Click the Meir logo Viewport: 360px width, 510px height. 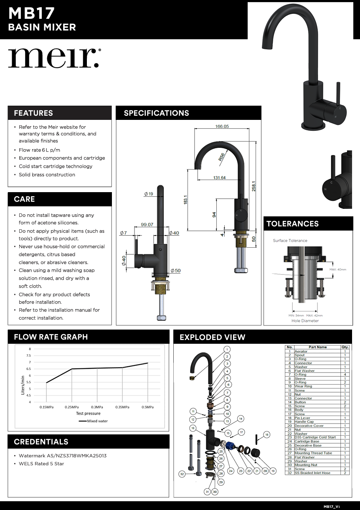pos(54,58)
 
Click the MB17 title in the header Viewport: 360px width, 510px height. pos(31,13)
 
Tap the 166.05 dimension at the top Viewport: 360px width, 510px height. pos(222,126)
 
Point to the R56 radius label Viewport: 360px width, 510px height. pos(221,157)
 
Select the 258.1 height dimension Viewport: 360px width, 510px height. pos(254,183)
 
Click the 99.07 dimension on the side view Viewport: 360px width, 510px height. pos(147,225)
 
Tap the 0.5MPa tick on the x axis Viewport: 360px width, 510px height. pos(147,407)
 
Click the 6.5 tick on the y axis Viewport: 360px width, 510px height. pos(28,369)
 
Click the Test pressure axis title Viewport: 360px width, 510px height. pos(88,414)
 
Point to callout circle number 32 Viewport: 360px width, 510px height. pos(182,474)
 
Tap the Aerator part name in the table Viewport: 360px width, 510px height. pos(301,351)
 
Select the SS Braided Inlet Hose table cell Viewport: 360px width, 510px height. pos(312,473)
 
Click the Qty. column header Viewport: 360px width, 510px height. pos(345,347)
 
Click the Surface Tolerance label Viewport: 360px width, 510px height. pos(290,241)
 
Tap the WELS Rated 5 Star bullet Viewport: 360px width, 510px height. pos(41,464)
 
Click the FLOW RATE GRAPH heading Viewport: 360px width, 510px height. pos(51,337)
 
